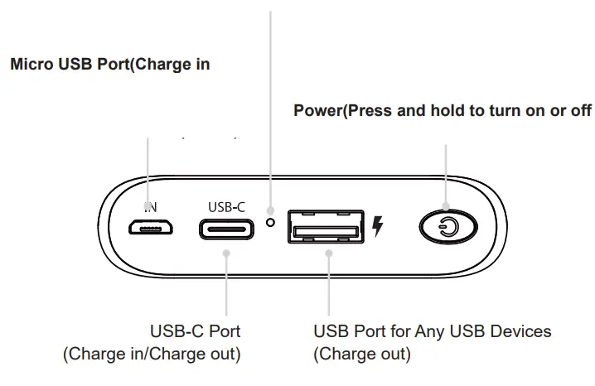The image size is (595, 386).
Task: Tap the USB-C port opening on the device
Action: (x=226, y=228)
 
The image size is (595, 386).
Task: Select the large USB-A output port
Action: (x=325, y=227)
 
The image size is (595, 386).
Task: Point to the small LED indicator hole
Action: (x=269, y=222)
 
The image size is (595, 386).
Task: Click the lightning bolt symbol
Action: (x=378, y=226)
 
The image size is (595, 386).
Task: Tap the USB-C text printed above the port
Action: (x=226, y=206)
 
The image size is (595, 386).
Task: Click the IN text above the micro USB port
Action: (x=150, y=205)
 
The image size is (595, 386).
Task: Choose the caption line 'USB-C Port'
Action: (x=195, y=331)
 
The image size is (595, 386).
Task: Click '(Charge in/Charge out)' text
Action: (x=152, y=355)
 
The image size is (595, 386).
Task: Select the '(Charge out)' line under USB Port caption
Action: (x=361, y=355)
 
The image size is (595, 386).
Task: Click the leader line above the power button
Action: (x=446, y=170)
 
